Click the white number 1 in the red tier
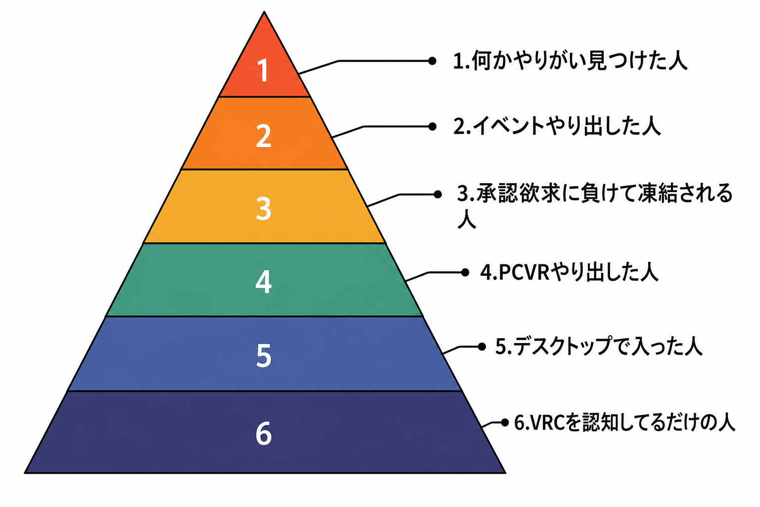click(x=264, y=70)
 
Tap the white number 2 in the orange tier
click(x=264, y=136)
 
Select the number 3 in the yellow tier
click(x=264, y=209)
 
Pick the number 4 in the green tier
click(x=264, y=282)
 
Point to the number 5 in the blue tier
click(x=264, y=355)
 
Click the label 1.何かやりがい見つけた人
click(x=570, y=61)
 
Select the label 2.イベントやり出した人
click(x=557, y=126)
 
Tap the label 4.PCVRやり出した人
click(x=569, y=272)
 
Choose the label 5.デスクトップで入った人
click(x=599, y=346)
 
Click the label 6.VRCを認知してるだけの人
click(x=624, y=422)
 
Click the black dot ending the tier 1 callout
click(x=432, y=61)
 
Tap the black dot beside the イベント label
click(x=432, y=126)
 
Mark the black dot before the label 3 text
click(x=438, y=194)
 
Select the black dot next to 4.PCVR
click(x=465, y=272)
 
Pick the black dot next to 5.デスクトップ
click(x=482, y=347)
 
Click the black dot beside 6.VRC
click(x=505, y=422)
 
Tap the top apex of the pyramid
click(x=264, y=12)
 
